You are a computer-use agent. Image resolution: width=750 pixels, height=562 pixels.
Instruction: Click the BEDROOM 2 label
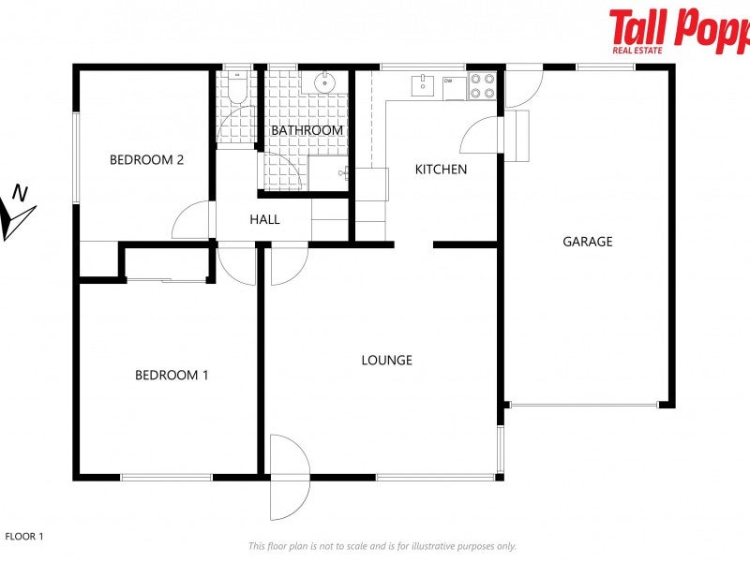click(146, 159)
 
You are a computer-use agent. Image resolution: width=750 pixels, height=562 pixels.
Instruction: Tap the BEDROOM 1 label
click(172, 375)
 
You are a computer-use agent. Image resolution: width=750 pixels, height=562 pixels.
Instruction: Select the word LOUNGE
click(386, 360)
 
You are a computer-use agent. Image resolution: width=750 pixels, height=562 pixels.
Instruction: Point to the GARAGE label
click(588, 242)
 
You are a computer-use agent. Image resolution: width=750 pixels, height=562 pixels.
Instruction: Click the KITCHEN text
click(441, 170)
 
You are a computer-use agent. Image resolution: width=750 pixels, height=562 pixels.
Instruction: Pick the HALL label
click(264, 220)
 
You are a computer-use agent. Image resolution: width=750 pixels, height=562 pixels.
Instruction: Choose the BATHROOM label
click(307, 130)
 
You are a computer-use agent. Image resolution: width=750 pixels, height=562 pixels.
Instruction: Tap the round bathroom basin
click(325, 82)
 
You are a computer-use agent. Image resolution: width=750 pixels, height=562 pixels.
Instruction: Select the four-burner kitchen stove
click(482, 86)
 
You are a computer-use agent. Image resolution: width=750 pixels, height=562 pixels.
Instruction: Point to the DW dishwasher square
click(452, 85)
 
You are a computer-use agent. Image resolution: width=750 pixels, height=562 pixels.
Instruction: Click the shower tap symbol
click(346, 172)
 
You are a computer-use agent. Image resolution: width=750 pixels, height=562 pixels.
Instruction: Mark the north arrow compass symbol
click(17, 213)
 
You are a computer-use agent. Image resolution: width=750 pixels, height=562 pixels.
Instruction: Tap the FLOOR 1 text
click(24, 537)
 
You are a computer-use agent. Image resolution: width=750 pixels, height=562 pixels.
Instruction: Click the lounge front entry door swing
click(289, 478)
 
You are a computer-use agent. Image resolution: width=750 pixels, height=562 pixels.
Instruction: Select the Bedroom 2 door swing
click(192, 221)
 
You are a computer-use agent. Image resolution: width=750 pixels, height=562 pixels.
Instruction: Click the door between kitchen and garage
click(482, 136)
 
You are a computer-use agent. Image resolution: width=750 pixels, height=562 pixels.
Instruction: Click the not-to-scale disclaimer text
click(382, 546)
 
